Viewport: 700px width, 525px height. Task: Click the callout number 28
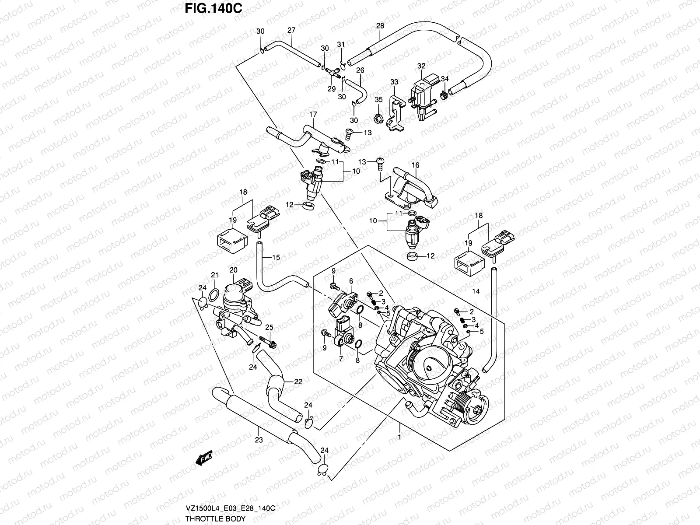point(380,26)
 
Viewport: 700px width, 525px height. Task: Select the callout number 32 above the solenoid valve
point(421,66)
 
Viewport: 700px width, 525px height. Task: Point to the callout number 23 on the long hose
point(259,440)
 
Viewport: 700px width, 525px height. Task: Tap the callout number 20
point(233,270)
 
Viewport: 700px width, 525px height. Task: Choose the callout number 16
point(415,165)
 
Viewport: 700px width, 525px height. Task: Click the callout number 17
point(313,114)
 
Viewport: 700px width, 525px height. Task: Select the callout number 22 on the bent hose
point(298,381)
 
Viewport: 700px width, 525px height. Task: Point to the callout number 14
point(476,291)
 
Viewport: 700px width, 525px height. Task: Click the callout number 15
point(276,257)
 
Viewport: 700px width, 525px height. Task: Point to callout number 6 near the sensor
point(350,281)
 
